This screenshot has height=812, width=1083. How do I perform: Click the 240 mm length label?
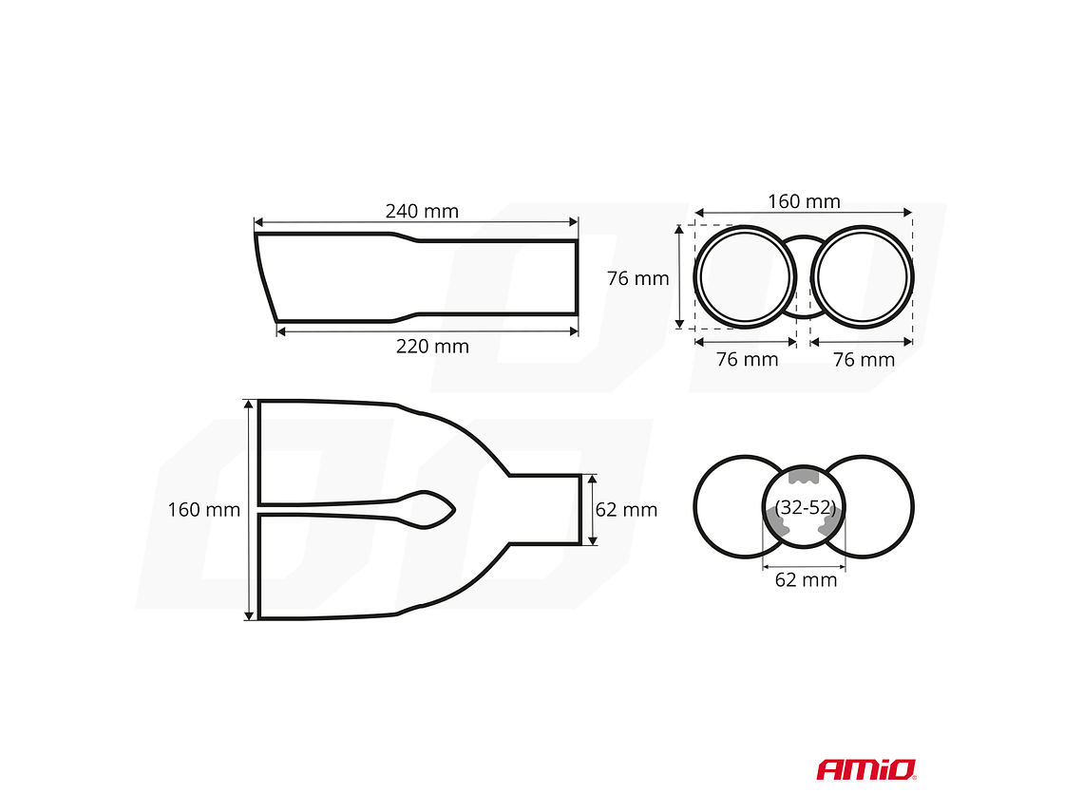(x=421, y=211)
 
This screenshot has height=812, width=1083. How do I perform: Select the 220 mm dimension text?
(x=432, y=347)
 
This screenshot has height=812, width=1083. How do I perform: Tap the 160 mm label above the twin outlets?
(x=804, y=201)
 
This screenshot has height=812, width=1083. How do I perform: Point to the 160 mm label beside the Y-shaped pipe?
(x=203, y=510)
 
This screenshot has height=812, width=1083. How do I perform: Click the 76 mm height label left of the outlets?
(x=637, y=279)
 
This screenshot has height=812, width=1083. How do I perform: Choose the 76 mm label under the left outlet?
(x=747, y=360)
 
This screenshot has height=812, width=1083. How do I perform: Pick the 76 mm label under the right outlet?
(x=864, y=360)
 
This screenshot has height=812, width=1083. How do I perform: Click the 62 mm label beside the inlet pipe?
(x=626, y=510)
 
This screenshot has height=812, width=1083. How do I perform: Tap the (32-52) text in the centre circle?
(x=805, y=507)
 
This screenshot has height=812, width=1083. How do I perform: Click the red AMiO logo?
(x=865, y=768)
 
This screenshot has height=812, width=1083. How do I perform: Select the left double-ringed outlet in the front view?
(x=745, y=276)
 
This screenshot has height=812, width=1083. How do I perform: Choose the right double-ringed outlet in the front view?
(x=863, y=276)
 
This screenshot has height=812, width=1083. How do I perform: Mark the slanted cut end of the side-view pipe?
(x=266, y=277)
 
